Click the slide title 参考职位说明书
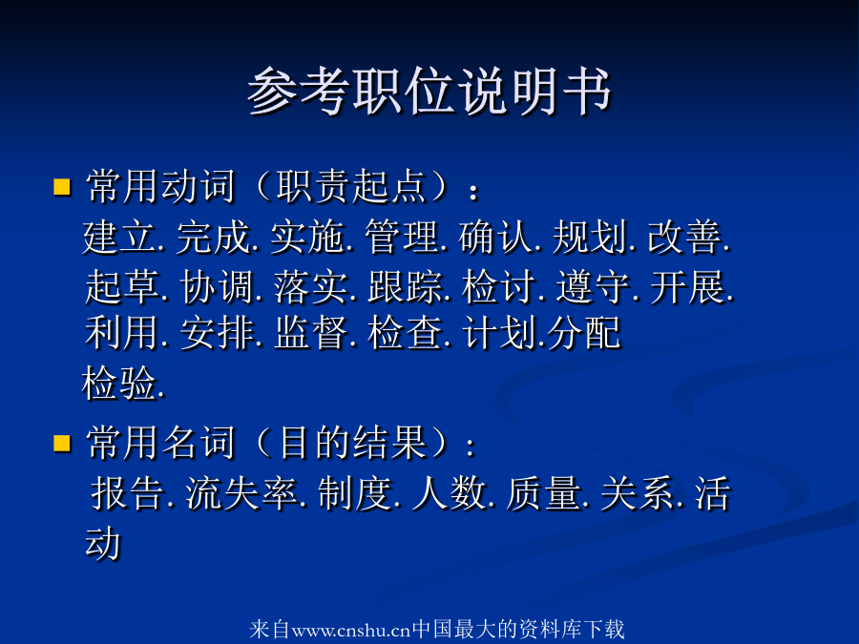[429, 91]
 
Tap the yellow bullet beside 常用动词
[62, 187]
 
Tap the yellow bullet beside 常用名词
[62, 443]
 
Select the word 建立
[119, 238]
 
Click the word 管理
[402, 238]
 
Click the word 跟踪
[405, 287]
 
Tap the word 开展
[687, 287]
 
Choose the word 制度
[354, 493]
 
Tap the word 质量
[543, 493]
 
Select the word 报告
[128, 493]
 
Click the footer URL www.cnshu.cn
[351, 631]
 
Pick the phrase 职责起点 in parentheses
[351, 187]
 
